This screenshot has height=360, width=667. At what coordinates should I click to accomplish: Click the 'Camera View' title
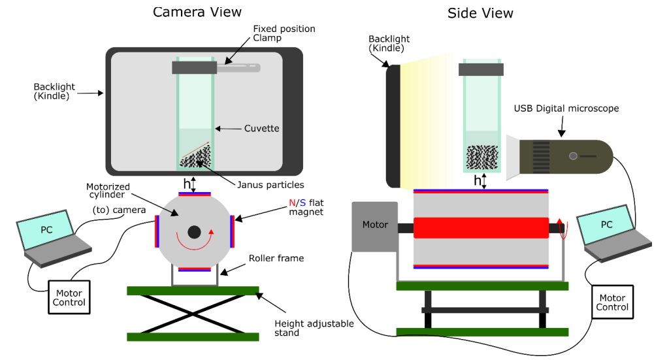(197, 12)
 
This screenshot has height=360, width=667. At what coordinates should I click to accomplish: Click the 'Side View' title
(480, 13)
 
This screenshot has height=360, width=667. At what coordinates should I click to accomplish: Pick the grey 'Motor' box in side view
(374, 226)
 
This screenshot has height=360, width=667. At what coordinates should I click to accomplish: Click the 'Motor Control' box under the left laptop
(69, 298)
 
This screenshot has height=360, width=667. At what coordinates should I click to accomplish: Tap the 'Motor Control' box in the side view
(612, 302)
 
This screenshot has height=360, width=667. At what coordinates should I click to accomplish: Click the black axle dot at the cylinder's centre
(194, 232)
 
